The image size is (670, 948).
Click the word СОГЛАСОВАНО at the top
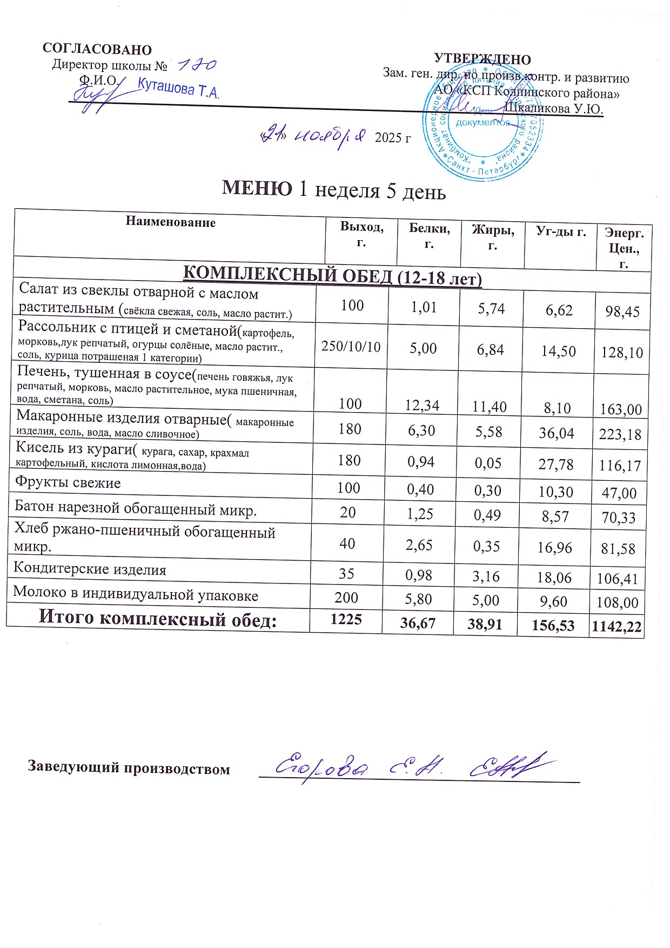97,49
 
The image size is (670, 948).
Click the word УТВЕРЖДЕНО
483,59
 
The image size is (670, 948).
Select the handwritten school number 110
197,65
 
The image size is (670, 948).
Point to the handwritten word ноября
330,136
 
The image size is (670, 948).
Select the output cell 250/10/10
351,346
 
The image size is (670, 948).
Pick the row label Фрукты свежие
68,482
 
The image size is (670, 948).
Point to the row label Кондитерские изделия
90,569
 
